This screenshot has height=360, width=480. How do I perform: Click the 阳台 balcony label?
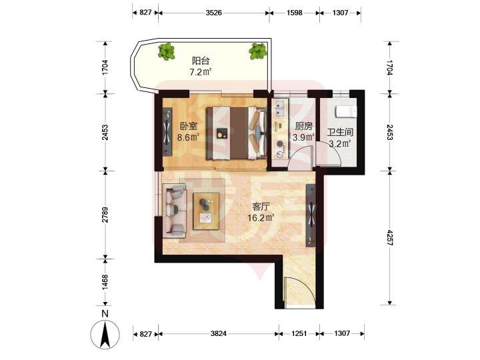click(201, 61)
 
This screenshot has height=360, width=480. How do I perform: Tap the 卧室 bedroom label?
click(188, 126)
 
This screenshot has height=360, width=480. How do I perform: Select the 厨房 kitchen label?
click(304, 126)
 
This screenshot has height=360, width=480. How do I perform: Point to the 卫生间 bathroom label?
click(340, 132)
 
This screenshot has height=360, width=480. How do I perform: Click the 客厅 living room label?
click(261, 207)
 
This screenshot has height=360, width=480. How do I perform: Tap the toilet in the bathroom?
click(346, 111)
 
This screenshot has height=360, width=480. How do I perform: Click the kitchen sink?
click(281, 109)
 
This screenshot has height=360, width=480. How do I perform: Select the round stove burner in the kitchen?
click(279, 143)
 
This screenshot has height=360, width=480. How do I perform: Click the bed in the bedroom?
click(236, 133)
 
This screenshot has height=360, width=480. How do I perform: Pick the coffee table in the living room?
click(206, 211)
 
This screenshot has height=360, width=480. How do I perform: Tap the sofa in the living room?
click(174, 211)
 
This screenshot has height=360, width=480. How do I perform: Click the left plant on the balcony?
click(167, 51)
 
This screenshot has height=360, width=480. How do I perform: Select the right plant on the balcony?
click(258, 51)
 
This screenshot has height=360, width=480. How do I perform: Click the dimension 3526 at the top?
click(214, 13)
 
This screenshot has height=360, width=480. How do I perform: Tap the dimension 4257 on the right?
click(389, 237)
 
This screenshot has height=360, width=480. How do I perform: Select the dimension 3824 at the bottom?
click(219, 333)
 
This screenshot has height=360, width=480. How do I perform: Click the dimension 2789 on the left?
click(105, 215)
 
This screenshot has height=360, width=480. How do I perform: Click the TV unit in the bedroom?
click(167, 131)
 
